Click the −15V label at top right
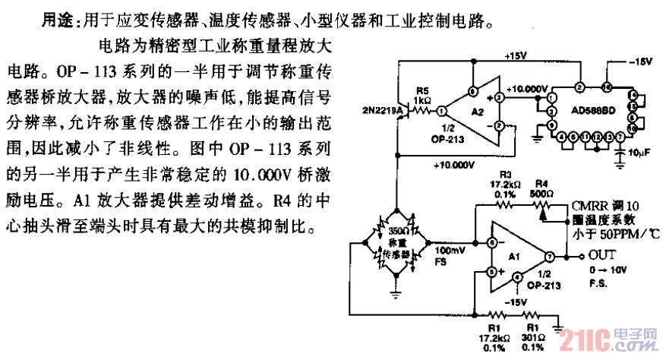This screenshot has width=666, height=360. [x=633, y=63]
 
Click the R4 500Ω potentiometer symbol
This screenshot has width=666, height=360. [x=544, y=206]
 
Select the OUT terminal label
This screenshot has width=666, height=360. [x=601, y=255]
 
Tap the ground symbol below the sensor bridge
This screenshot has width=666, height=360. [x=395, y=290]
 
